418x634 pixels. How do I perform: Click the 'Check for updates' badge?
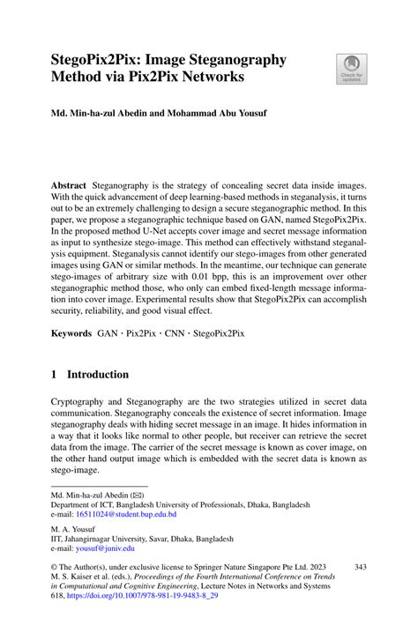(352, 68)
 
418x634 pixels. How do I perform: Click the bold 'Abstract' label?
(69, 186)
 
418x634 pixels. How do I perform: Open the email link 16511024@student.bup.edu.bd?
(125, 514)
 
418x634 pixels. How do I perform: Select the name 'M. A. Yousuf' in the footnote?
(74, 528)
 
